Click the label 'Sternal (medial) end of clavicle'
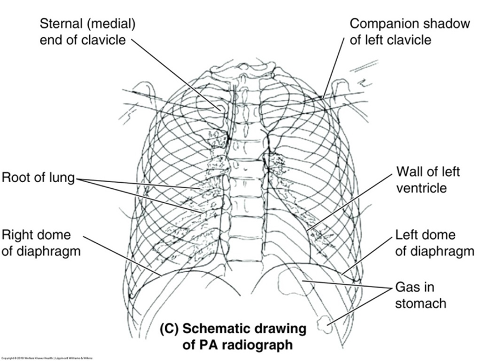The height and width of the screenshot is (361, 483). pos(87,32)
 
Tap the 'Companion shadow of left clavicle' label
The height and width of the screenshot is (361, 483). pos(409,32)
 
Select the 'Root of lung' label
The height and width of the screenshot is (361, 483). pos(38,179)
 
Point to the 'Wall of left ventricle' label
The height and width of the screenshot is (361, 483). pos(428,179)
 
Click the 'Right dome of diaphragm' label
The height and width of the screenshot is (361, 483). pos(41,243)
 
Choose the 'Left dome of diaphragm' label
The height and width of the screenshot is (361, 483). pos(434,243)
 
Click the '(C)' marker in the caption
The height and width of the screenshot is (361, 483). pos(169,329)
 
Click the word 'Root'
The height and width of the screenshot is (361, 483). pos(16,179)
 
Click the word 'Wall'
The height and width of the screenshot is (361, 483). pos(409,171)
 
